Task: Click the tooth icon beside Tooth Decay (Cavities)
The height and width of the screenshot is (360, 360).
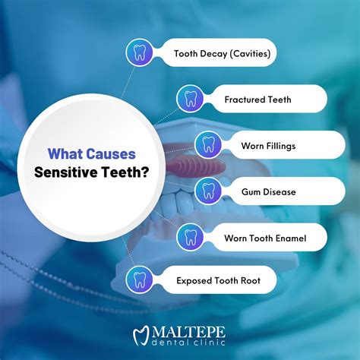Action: tap(138, 54)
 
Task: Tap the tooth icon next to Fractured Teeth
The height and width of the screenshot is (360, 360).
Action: tap(191, 99)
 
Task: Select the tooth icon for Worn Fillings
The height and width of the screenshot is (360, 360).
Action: tap(208, 145)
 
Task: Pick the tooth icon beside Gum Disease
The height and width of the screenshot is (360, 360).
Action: tap(208, 191)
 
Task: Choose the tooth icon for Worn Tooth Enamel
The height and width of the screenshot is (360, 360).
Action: tap(191, 238)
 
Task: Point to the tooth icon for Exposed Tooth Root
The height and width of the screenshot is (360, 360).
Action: tap(138, 280)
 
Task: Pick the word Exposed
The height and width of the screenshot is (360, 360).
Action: tap(194, 281)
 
